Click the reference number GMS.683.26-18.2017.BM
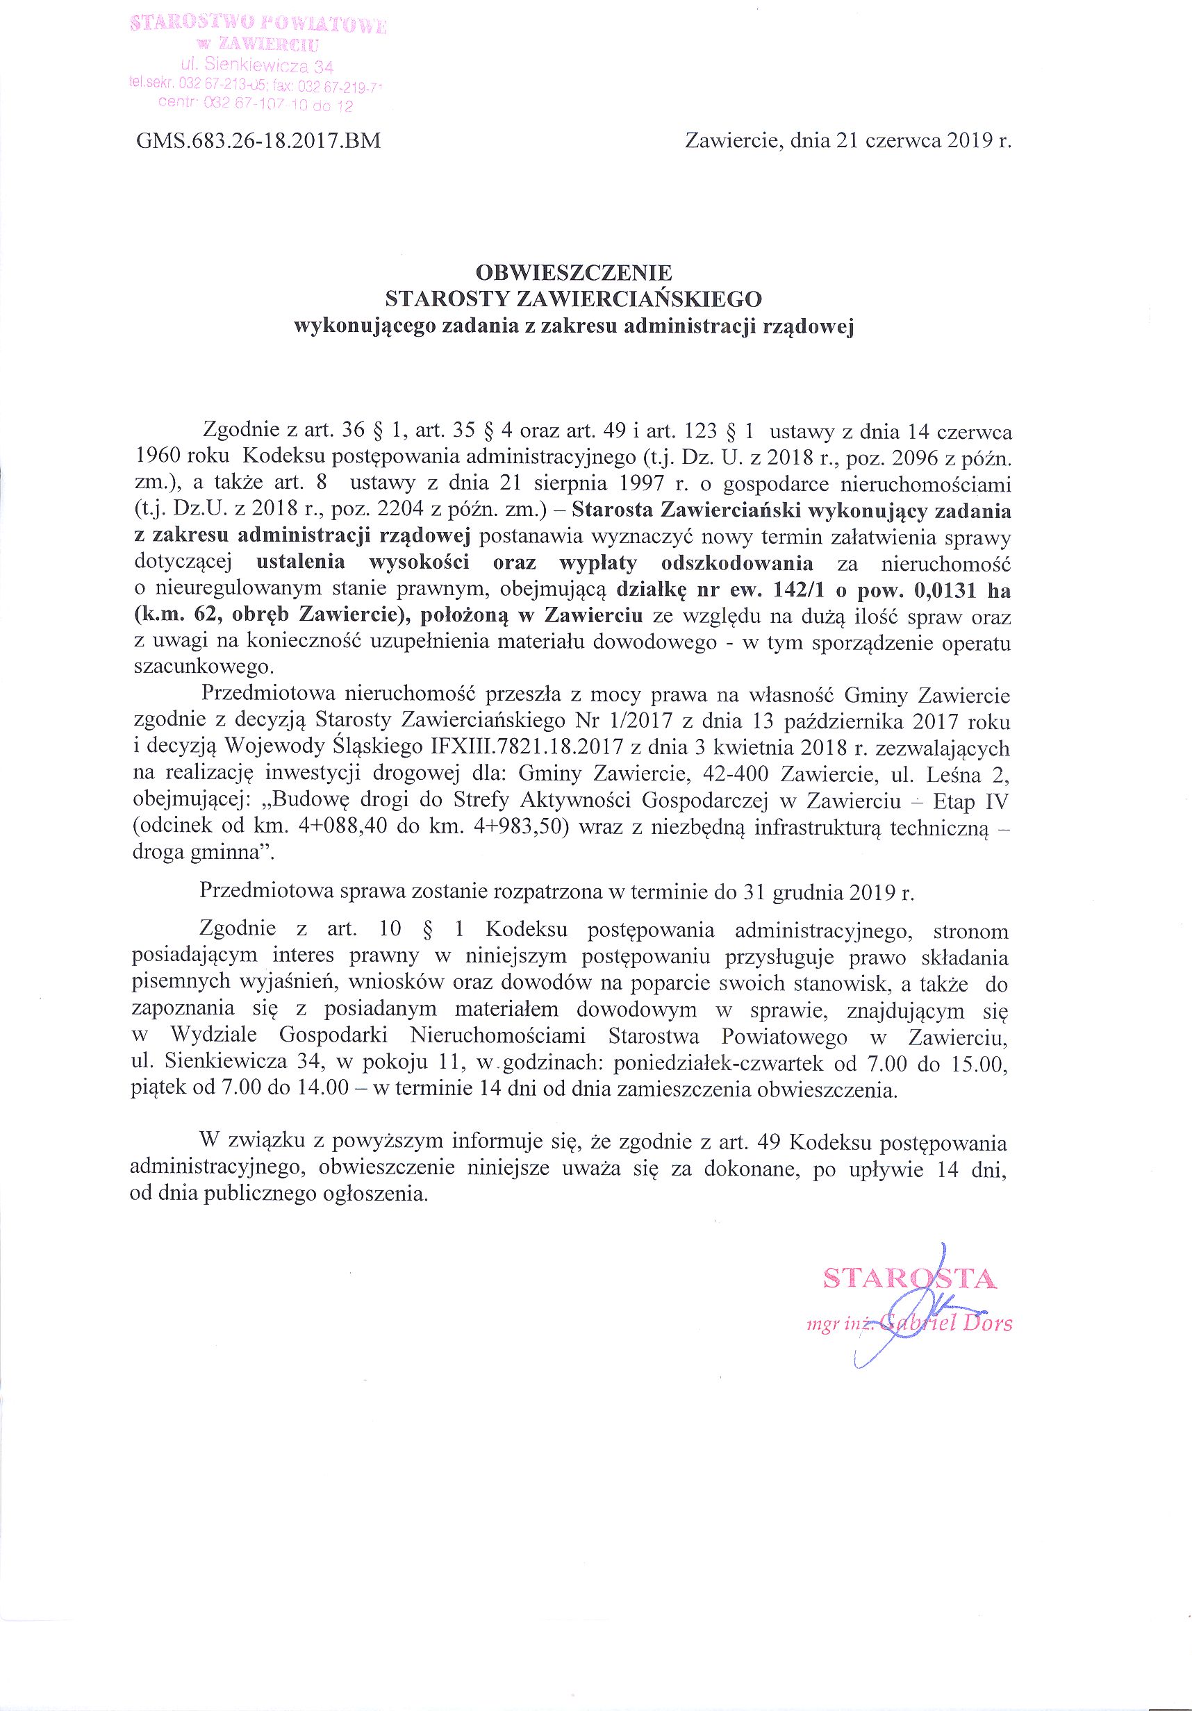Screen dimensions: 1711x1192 (x=258, y=141)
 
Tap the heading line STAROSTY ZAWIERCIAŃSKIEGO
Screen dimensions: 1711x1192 (x=573, y=299)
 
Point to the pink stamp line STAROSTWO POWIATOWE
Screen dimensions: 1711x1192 (x=258, y=25)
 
